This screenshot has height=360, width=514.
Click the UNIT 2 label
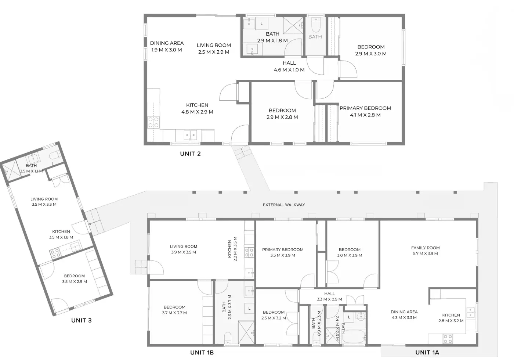(190, 154)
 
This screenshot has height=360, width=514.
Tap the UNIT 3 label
(82, 320)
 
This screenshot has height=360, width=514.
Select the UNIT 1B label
(202, 352)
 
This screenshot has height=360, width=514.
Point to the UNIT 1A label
(427, 352)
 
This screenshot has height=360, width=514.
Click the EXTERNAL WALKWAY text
(284, 205)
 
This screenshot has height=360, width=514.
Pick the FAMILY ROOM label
(426, 248)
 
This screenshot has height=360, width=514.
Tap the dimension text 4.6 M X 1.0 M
(289, 70)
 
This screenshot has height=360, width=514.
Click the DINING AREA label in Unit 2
(167, 43)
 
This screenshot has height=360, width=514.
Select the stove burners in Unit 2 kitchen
(153, 122)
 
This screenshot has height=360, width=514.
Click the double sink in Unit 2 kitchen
(190, 135)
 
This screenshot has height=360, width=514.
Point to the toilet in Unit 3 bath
(55, 155)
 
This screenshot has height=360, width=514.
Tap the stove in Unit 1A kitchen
(448, 339)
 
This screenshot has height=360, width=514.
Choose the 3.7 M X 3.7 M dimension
(174, 313)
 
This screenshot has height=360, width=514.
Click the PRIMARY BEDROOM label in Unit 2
(365, 108)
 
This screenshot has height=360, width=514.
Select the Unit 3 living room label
(44, 199)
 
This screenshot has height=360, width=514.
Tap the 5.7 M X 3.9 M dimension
(426, 253)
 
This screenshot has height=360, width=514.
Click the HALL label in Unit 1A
(330, 294)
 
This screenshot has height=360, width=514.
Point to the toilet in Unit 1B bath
(228, 338)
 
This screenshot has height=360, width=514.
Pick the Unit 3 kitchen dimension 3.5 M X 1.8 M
(61, 237)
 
